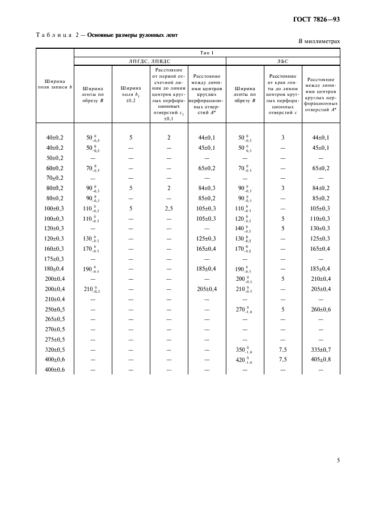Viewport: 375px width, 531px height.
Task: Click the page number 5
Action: (x=338, y=460)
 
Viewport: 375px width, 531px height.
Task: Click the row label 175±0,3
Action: (x=55, y=259)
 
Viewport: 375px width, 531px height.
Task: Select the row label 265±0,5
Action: (x=55, y=319)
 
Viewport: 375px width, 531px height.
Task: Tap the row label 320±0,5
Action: (x=55, y=349)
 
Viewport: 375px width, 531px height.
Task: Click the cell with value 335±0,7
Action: (x=321, y=349)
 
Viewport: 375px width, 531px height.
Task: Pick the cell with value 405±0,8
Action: (x=321, y=360)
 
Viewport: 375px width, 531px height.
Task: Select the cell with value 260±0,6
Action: (x=321, y=309)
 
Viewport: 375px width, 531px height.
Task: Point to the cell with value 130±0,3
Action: (x=321, y=228)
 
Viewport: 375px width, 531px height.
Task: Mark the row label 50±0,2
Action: (x=55, y=158)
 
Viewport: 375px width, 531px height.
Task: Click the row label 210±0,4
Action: (x=55, y=299)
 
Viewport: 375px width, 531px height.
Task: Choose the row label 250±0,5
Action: (x=55, y=309)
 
